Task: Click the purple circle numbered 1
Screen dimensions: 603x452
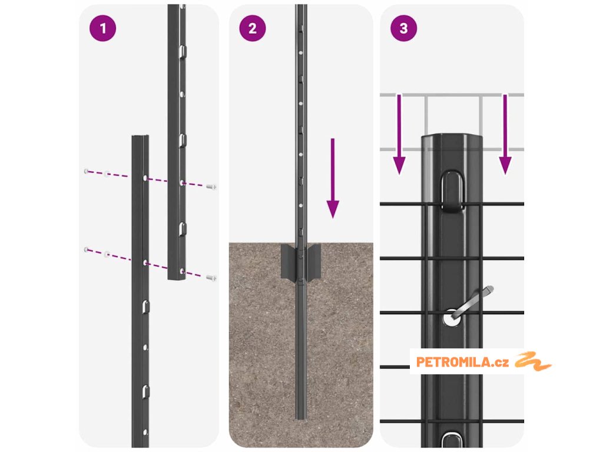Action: coord(102,28)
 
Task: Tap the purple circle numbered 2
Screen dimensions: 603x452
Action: coord(252,28)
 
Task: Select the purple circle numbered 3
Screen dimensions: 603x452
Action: coord(403,28)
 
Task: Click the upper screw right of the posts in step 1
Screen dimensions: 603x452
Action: coord(211,187)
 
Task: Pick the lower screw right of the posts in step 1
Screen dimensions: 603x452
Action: coord(211,278)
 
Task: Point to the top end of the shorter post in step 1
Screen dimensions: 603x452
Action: coord(140,137)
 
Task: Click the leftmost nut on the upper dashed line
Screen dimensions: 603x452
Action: coord(86,171)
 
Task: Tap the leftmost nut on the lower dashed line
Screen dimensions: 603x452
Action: coord(86,250)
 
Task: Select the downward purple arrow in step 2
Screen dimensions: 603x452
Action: coord(333,178)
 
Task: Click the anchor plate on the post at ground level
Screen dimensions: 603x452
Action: coord(301,262)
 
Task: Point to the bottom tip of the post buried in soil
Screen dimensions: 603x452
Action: coord(301,418)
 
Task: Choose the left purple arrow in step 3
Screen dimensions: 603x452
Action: coord(399,135)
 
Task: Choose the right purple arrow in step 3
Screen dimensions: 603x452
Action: coord(505,135)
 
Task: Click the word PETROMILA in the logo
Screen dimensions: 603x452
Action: coord(453,362)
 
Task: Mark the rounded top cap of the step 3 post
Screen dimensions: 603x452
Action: coord(452,139)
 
